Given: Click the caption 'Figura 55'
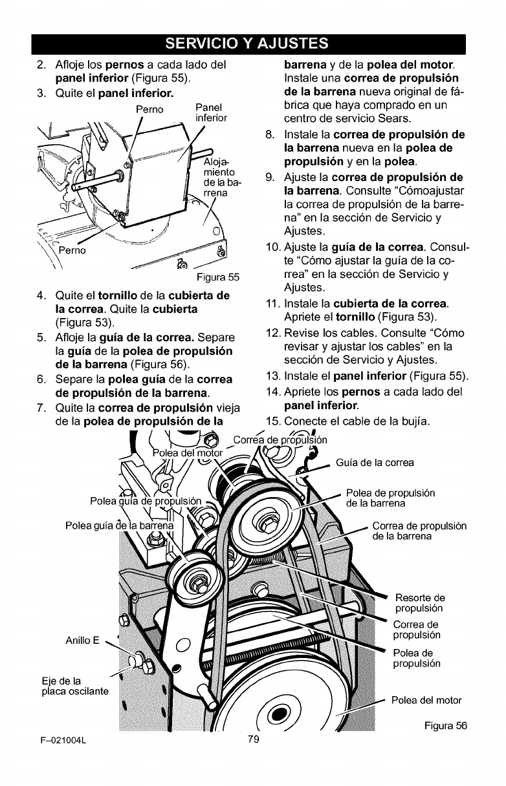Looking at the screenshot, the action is click(x=218, y=278).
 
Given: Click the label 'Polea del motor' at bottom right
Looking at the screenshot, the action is click(x=426, y=700).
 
